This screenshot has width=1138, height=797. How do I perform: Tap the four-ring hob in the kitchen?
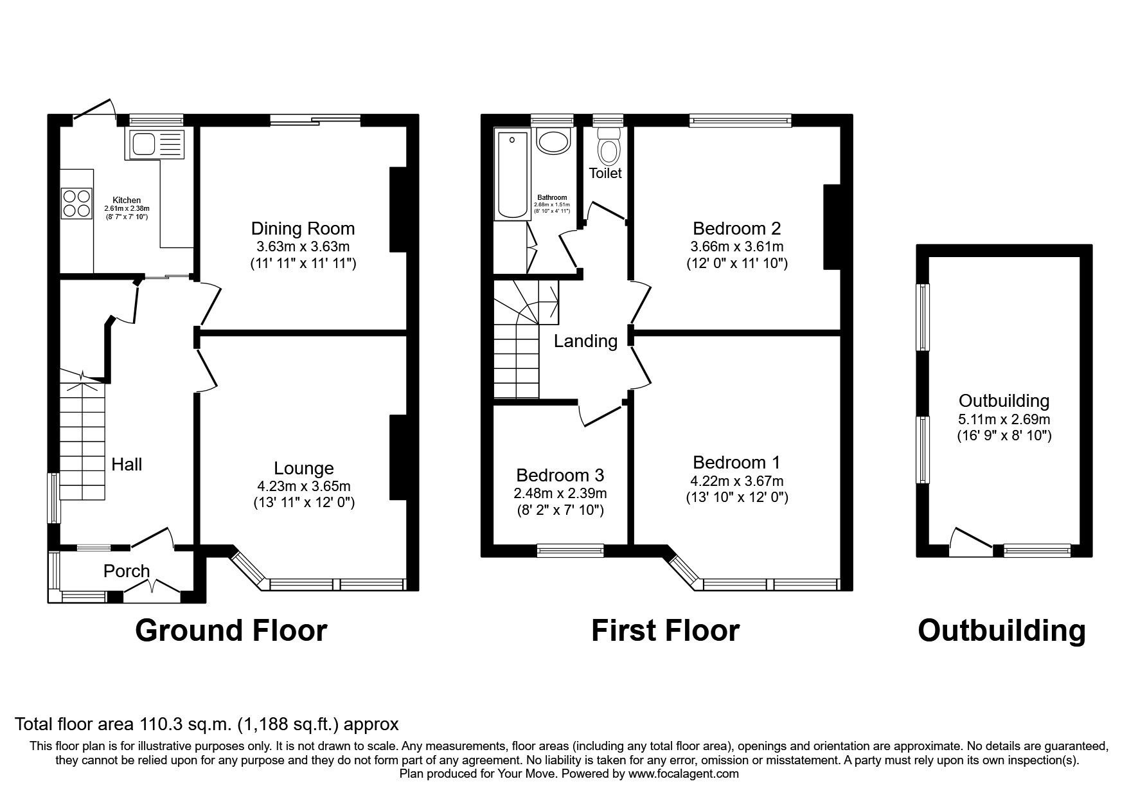coord(76,203)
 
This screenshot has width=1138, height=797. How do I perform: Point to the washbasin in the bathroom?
coord(553,141)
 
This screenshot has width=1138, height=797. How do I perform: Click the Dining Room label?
coord(303,229)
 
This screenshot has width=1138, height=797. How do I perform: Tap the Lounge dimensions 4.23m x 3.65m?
coord(303,487)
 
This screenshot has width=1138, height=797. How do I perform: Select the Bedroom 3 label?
coord(560,476)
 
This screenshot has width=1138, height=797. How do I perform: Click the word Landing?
coord(585,341)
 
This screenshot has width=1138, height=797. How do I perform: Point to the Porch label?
coord(127,571)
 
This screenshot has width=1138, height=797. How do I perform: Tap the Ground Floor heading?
coord(231,631)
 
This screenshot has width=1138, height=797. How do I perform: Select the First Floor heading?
coord(665,631)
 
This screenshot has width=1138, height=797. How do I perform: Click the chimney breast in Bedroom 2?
coord(832,226)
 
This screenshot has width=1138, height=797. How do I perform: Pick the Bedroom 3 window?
coord(570,550)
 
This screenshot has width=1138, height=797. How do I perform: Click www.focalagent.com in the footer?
coord(683,774)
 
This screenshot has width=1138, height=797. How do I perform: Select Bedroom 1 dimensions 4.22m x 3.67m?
coord(736,481)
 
